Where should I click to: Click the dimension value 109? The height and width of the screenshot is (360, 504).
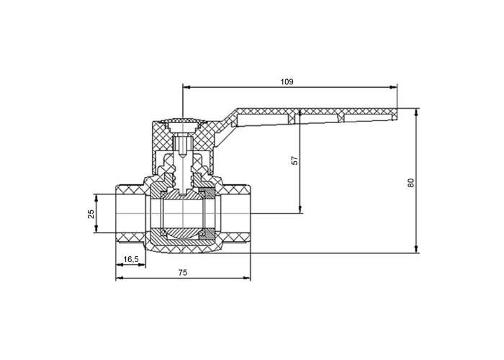[x=287, y=82]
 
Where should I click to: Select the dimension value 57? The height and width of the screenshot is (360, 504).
[x=294, y=161]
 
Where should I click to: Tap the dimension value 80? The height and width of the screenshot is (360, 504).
[x=411, y=183]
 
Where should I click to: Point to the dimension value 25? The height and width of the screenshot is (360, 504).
[x=91, y=214]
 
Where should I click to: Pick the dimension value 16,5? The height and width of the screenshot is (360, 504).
[x=131, y=259]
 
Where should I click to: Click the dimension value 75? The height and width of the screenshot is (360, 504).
[x=183, y=273]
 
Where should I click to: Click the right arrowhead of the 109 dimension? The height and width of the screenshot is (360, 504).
[x=393, y=87]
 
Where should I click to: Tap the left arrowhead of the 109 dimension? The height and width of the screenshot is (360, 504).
[x=186, y=87]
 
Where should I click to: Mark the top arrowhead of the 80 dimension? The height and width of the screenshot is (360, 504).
[x=416, y=112]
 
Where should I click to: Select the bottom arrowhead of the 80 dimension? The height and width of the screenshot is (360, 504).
[x=416, y=249]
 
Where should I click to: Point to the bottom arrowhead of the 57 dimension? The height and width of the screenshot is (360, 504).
[x=300, y=210]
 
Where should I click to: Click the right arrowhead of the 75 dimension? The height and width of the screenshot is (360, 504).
[x=246, y=278]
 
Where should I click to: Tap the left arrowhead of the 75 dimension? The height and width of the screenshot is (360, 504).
[x=120, y=278]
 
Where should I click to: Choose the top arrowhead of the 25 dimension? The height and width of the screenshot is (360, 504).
[x=96, y=198]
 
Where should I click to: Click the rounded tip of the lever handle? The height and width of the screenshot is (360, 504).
[x=395, y=114]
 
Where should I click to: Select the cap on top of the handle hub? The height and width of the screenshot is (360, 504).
[x=182, y=121]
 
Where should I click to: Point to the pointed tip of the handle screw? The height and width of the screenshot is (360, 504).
[x=182, y=156]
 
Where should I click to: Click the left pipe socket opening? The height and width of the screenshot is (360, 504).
[x=130, y=213]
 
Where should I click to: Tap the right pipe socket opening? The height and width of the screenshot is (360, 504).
[x=235, y=213]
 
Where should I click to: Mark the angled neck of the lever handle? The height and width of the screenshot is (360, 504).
[x=225, y=129]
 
